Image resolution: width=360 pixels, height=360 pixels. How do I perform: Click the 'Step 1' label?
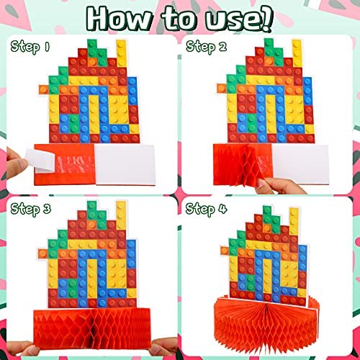click(x=30, y=47)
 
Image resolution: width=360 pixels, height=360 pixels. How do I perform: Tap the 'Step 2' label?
click(x=207, y=47)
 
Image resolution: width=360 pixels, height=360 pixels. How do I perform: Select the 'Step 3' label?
click(x=30, y=209)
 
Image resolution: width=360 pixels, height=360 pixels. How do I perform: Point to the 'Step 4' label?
click(x=206, y=209)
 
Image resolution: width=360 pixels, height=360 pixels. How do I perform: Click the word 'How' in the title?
click(x=119, y=19)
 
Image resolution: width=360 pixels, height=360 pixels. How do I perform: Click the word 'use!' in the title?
click(x=239, y=19)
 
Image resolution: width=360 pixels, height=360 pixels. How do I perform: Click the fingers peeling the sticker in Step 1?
click(x=17, y=163)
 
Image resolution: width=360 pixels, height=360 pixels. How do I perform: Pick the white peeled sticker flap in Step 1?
click(x=40, y=161)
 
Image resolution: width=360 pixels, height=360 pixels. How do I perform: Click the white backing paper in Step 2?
click(x=300, y=164)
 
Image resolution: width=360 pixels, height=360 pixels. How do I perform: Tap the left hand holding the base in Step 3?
click(x=20, y=348)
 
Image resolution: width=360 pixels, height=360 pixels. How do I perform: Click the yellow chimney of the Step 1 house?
click(x=121, y=53)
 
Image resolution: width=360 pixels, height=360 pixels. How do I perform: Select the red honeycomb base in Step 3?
click(x=92, y=327)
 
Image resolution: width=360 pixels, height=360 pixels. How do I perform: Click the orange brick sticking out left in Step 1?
click(x=44, y=89)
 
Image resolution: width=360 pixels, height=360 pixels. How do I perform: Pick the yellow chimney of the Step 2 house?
click(x=297, y=53)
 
